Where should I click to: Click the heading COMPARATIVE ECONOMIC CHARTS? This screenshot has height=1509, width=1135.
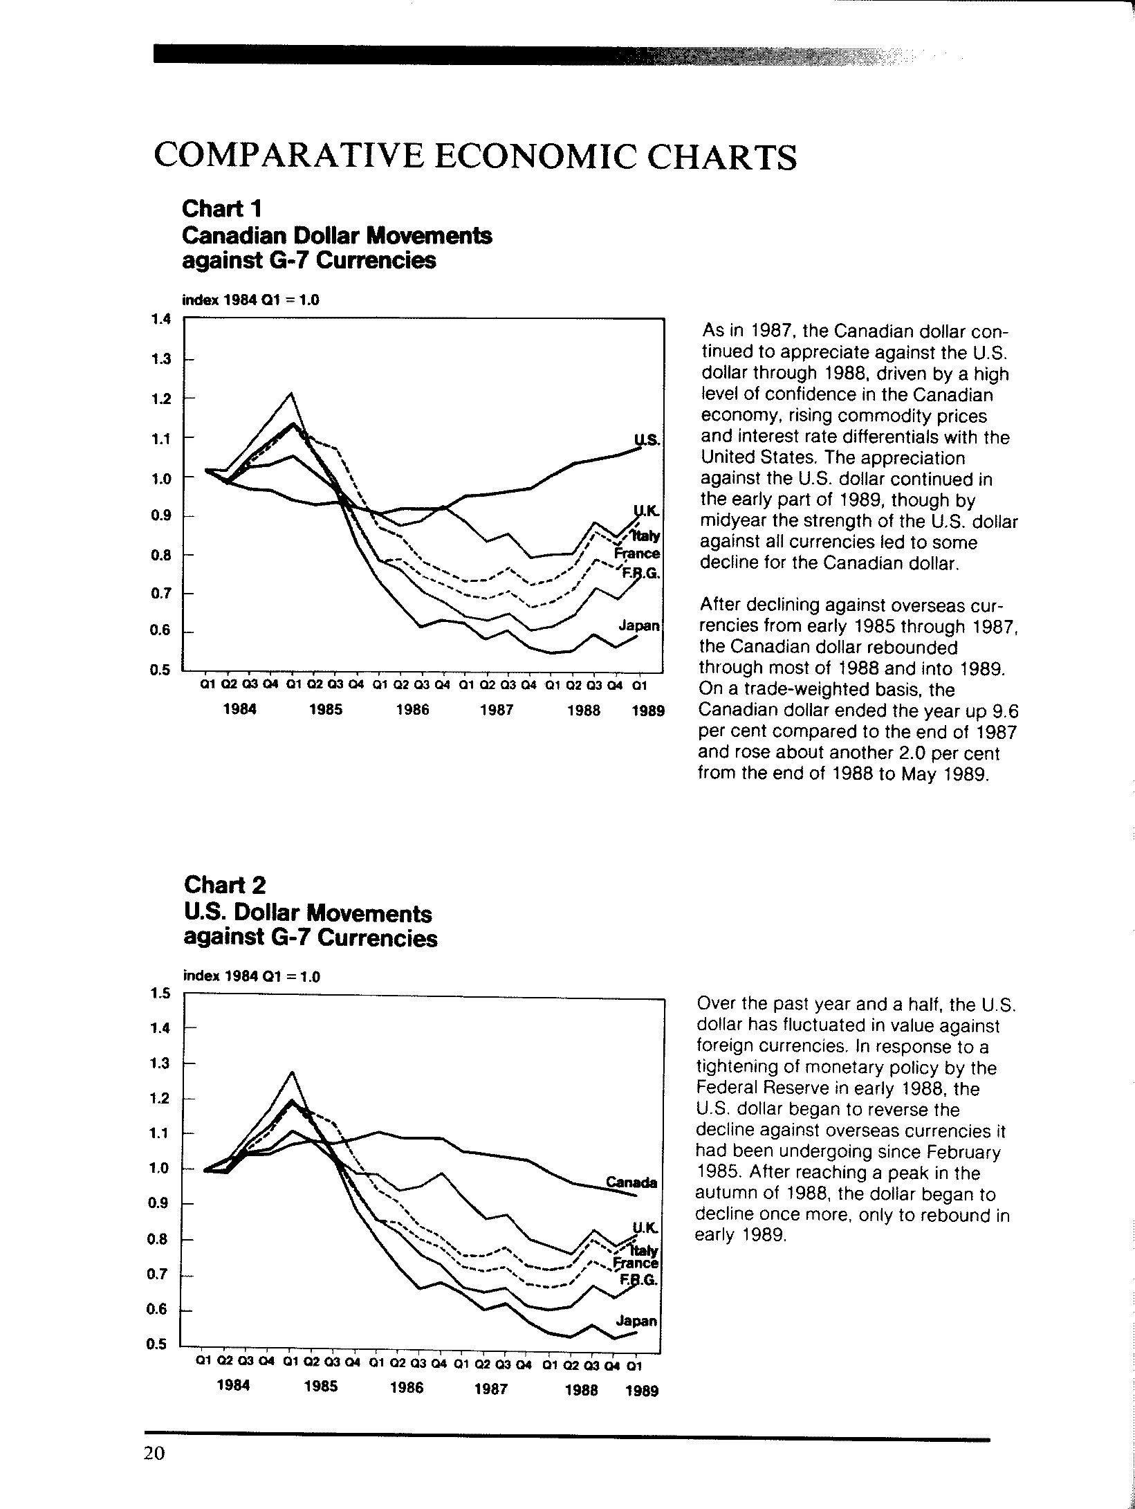pyautogui.click(x=475, y=156)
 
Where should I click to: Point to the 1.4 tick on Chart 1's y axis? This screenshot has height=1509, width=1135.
pyautogui.click(x=160, y=319)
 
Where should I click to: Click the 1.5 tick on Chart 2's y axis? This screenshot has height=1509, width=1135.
pyautogui.click(x=160, y=994)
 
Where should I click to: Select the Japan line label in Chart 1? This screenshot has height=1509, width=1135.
pyautogui.click(x=640, y=626)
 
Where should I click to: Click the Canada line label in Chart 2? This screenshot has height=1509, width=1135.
pyautogui.click(x=631, y=1182)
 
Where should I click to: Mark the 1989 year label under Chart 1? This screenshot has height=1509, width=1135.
pyautogui.click(x=648, y=711)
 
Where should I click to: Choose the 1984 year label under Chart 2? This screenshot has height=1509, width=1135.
pyautogui.click(x=233, y=1385)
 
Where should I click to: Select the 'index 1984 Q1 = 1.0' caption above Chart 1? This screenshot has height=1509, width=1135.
pyautogui.click(x=250, y=301)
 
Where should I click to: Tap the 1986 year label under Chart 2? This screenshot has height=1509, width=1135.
pyautogui.click(x=407, y=1387)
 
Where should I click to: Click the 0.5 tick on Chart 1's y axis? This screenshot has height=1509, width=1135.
pyautogui.click(x=160, y=670)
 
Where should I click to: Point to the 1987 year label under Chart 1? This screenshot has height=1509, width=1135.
pyautogui.click(x=497, y=711)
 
